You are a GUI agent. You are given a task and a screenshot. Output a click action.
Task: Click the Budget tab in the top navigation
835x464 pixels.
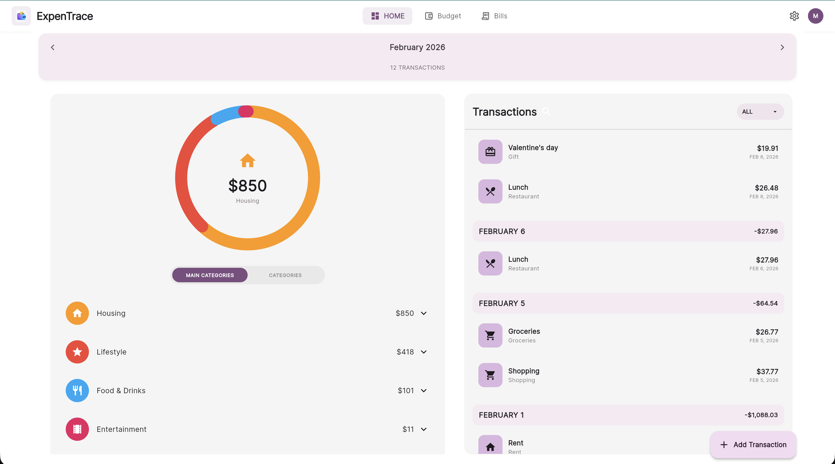click(x=443, y=16)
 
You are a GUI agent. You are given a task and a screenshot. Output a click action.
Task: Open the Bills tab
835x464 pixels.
click(x=494, y=16)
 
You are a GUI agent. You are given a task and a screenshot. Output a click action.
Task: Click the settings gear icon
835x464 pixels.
click(x=794, y=16)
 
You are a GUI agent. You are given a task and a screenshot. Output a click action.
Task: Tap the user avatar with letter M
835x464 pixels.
click(x=815, y=16)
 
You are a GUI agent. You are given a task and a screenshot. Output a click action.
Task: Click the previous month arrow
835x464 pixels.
click(x=52, y=47)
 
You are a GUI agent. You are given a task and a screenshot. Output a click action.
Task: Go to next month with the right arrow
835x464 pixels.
click(x=782, y=47)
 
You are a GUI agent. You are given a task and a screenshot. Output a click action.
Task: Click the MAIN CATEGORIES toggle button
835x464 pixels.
click(x=210, y=275)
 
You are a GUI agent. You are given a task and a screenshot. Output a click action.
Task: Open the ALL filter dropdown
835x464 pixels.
click(x=760, y=112)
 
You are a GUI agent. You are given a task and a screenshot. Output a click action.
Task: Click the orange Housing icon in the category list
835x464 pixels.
click(x=77, y=313)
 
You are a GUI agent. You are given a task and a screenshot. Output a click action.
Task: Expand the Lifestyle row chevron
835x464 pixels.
click(x=424, y=352)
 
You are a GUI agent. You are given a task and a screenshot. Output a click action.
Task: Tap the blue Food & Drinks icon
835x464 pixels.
click(x=77, y=390)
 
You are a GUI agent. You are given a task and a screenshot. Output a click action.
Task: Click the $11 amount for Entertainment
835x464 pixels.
click(x=408, y=429)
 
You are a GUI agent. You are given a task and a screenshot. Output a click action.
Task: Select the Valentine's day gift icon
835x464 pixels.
click(x=490, y=152)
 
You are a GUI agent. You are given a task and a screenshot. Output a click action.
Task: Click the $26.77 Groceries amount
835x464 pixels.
click(x=767, y=332)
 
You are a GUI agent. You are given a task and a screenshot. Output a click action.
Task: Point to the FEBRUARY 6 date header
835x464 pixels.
click(x=502, y=231)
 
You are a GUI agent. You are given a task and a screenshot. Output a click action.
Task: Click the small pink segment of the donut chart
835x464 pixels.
click(x=246, y=111)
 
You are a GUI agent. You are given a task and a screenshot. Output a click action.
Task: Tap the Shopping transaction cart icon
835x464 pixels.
click(x=490, y=375)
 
